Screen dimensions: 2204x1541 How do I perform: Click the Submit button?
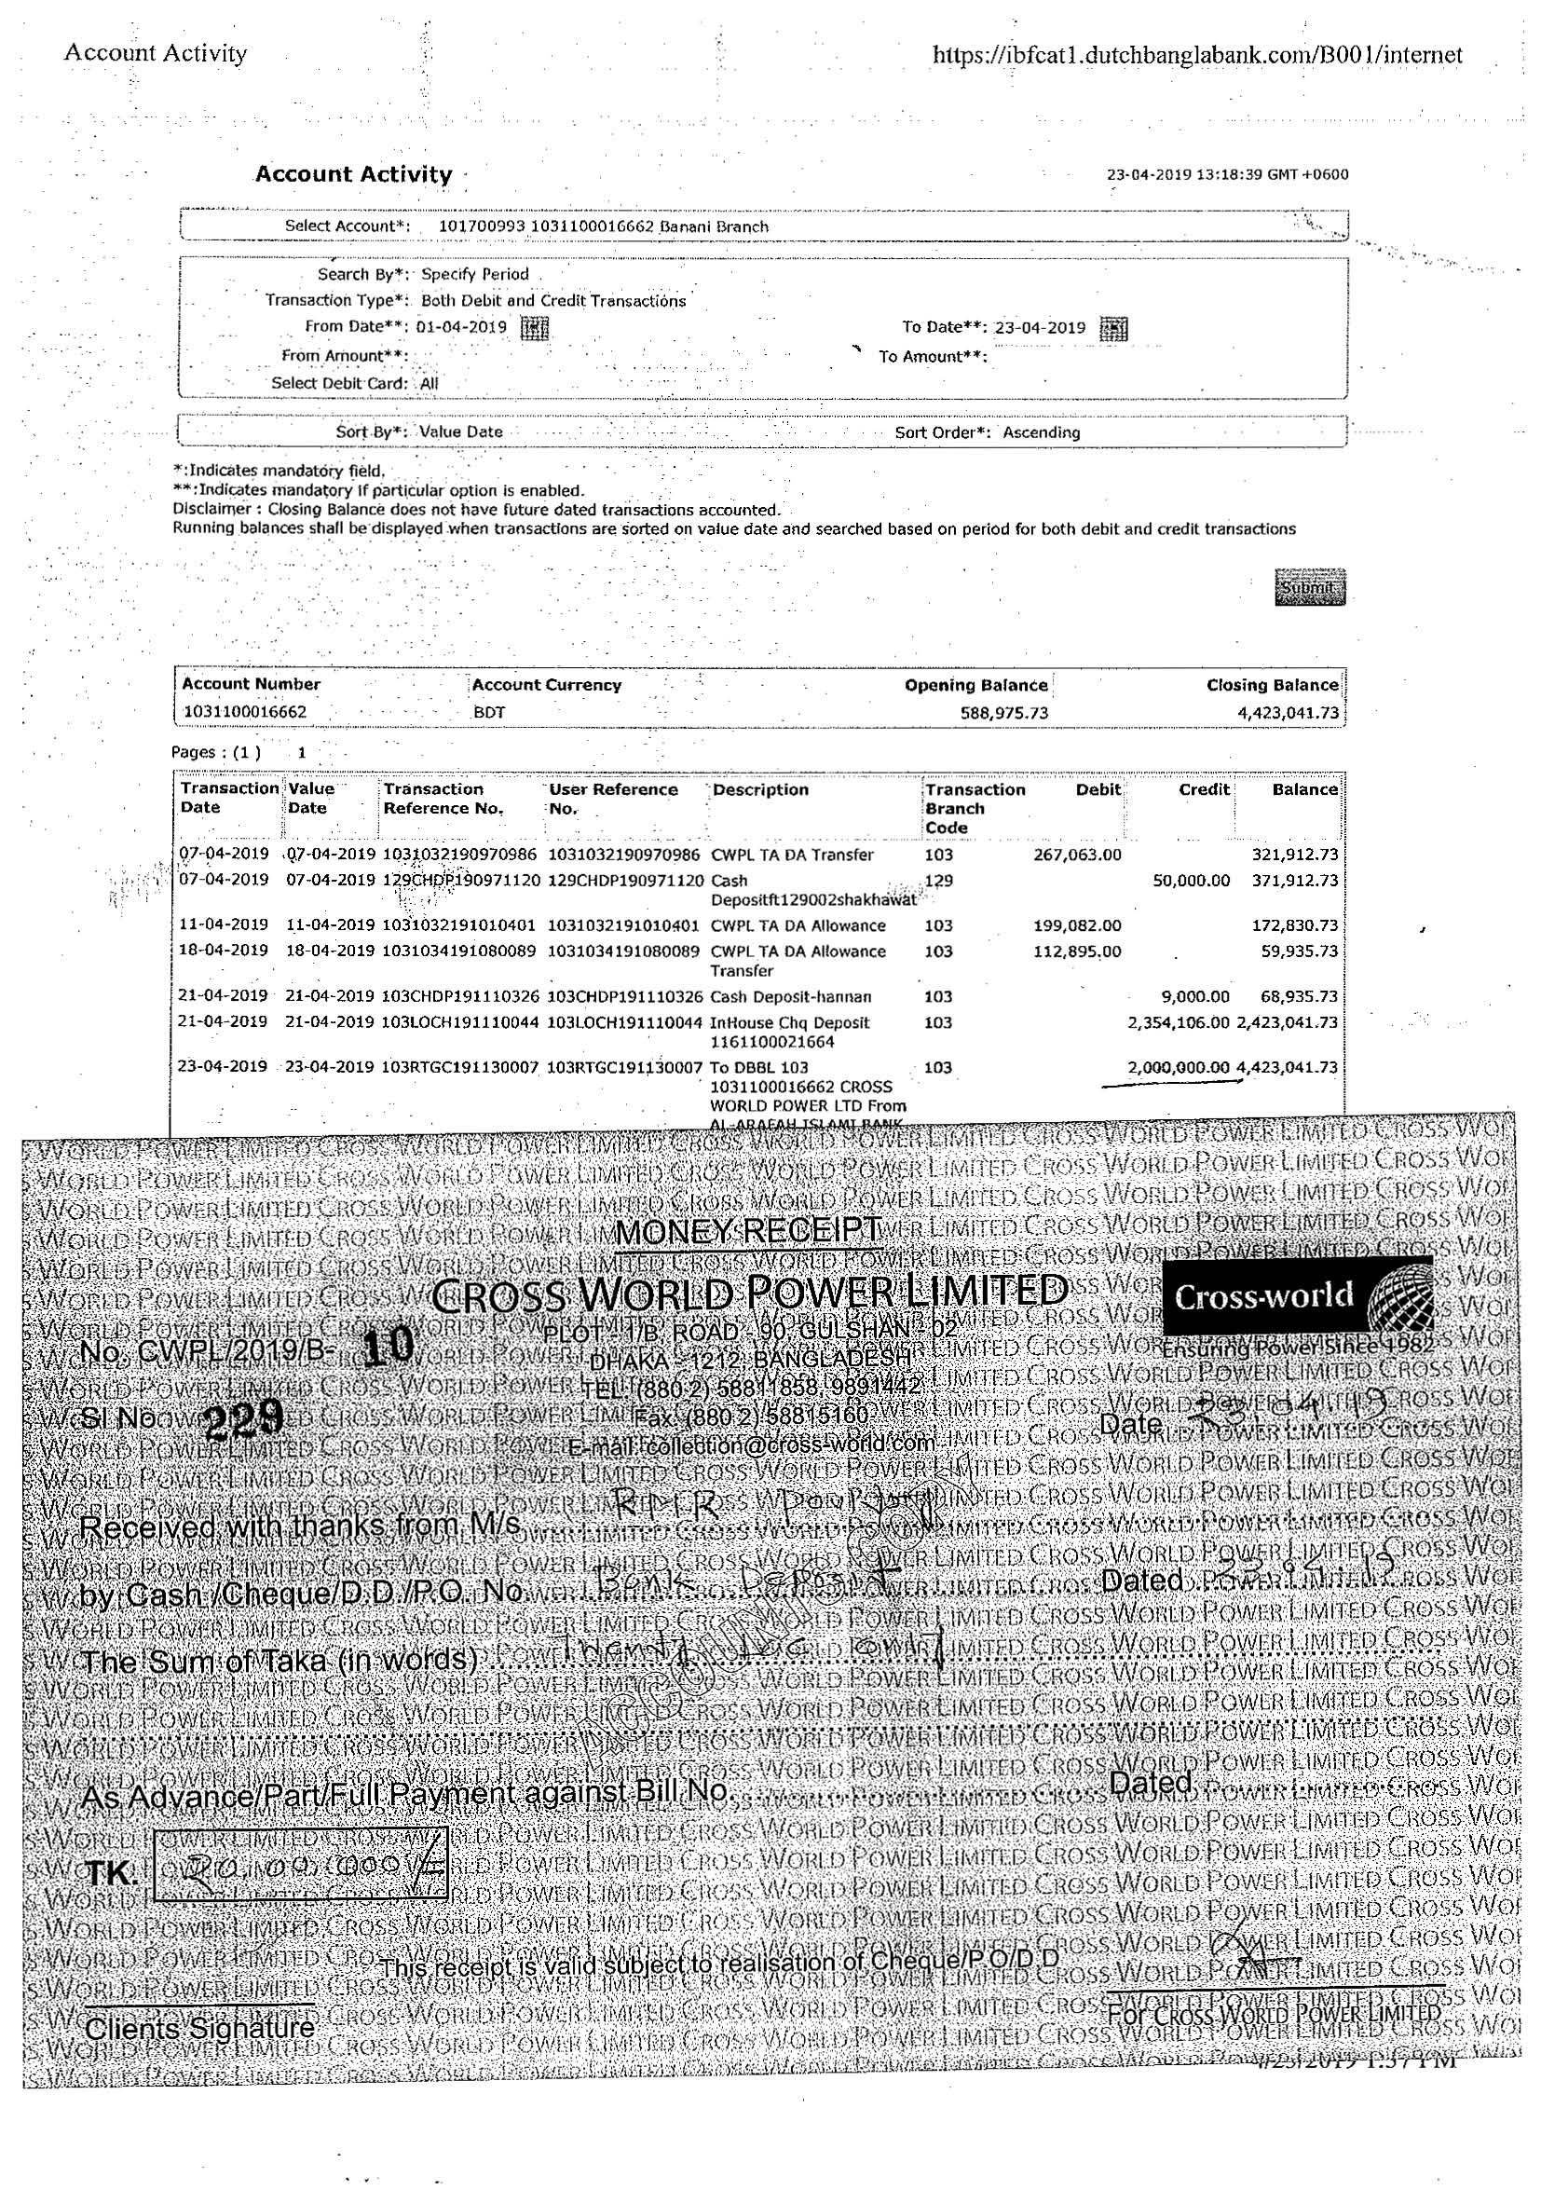tap(1309, 587)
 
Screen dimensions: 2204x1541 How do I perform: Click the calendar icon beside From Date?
tap(534, 327)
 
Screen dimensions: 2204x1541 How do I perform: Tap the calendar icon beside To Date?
tap(1113, 328)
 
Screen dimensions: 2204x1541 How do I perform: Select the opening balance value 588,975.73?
tap(1003, 713)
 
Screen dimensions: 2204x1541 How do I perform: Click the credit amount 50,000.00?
tap(1191, 881)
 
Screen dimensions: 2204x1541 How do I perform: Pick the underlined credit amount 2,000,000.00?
tap(1178, 1067)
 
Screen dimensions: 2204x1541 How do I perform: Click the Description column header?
tap(760, 790)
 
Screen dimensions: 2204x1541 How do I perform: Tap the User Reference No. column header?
tap(613, 799)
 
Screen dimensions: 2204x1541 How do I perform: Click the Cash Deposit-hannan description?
tap(791, 997)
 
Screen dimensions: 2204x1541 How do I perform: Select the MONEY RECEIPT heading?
tap(747, 1231)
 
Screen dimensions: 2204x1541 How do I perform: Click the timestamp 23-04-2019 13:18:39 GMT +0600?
tap(1227, 174)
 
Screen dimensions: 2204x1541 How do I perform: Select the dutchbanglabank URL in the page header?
tap(1197, 55)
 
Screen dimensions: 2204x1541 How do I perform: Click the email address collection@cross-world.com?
tap(750, 1444)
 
